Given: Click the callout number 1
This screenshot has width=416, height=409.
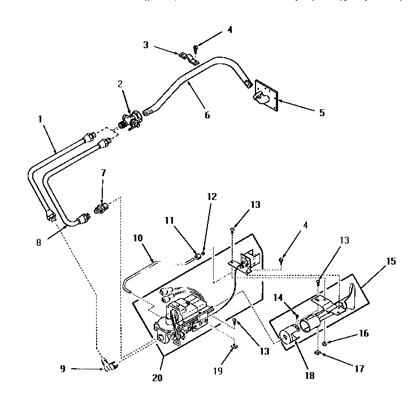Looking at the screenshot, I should (x=40, y=119).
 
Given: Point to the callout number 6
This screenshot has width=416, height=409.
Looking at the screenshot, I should (x=207, y=115).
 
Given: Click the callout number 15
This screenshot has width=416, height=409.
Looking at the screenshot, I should (x=392, y=262).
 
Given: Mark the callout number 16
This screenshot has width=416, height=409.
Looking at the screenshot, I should (x=363, y=333).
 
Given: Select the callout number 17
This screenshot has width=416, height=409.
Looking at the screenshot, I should (x=359, y=368).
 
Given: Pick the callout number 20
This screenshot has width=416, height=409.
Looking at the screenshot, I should (x=157, y=378).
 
